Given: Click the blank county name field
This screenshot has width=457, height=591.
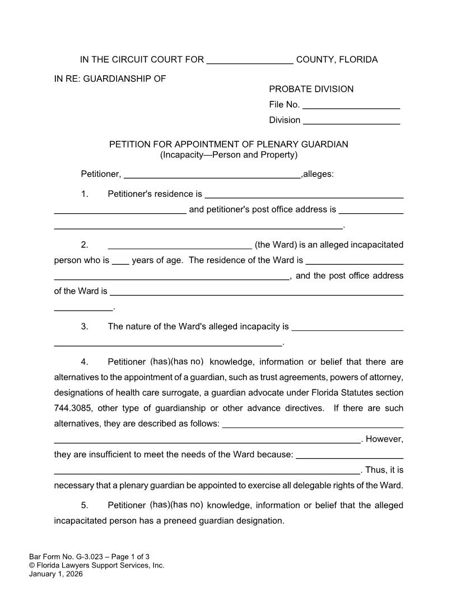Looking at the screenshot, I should click(250, 60).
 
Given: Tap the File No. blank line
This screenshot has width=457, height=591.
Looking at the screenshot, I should click(351, 105).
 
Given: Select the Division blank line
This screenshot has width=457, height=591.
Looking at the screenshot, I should click(351, 120).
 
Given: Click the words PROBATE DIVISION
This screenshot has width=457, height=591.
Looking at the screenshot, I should click(311, 89).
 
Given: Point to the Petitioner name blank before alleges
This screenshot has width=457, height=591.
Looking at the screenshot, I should click(212, 175).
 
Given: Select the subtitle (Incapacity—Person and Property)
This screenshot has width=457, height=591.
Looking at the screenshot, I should click(228, 154).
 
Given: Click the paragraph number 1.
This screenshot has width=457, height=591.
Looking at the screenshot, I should click(85, 194).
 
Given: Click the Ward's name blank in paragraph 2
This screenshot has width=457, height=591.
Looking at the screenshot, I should click(179, 245).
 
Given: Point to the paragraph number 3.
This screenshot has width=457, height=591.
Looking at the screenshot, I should click(85, 326).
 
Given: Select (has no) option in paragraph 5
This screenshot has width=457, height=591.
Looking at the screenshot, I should click(187, 505).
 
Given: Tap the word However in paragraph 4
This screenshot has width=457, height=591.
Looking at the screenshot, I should click(384, 439).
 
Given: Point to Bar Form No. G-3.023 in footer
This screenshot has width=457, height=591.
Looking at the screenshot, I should click(69, 556).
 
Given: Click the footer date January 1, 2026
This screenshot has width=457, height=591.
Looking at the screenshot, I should click(55, 574).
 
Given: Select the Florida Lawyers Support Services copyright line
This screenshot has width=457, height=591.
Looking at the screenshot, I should click(96, 565).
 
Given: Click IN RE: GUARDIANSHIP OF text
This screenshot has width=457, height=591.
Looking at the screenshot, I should click(110, 79).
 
